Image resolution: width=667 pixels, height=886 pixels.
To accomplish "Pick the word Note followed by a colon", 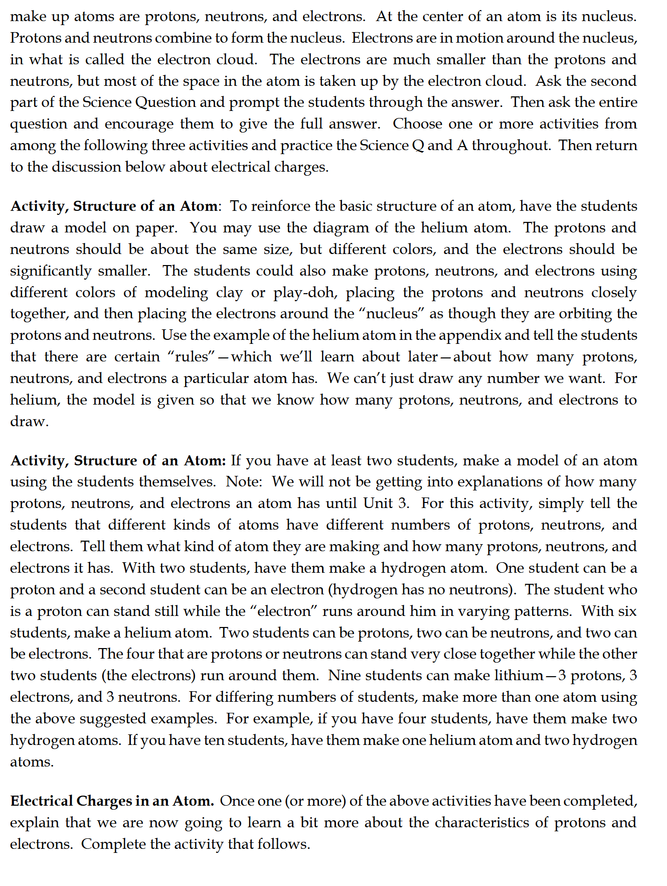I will [243, 481].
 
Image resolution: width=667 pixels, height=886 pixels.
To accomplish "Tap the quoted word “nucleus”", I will [392, 314].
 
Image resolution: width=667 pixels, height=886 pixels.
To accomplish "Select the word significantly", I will [50, 271].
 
